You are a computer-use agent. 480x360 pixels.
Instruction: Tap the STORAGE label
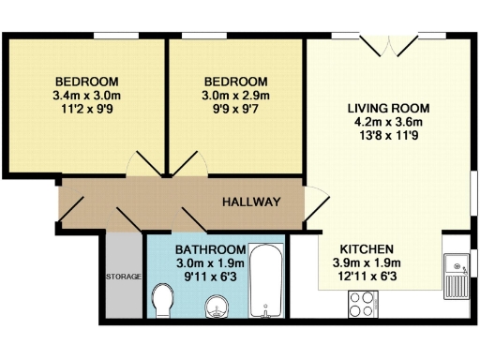point(123,277)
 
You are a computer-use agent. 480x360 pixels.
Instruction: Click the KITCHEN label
point(366,248)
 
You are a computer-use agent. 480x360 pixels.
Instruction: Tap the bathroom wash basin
point(217,306)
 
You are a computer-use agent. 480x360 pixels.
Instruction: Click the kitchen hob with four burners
point(362,303)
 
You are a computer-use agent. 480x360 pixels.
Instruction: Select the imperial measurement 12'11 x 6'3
point(367,277)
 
